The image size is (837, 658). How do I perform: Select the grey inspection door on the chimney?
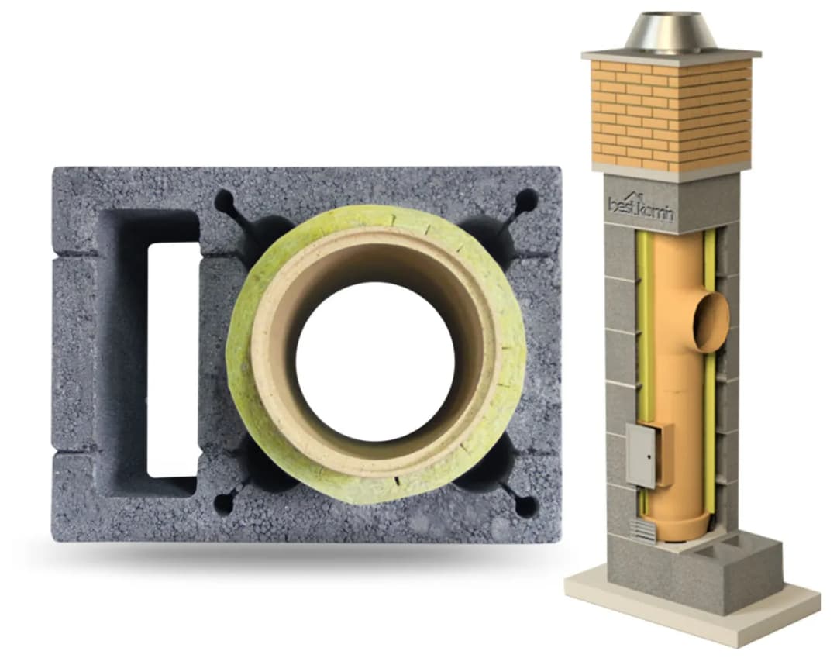641,455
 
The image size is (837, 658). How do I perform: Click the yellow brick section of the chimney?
671,115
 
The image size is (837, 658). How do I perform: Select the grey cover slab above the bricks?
671,54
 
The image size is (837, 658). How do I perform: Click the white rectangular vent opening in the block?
173,360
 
